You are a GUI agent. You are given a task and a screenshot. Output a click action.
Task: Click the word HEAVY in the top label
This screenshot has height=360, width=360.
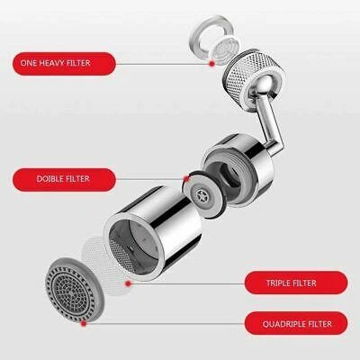tap(63, 63)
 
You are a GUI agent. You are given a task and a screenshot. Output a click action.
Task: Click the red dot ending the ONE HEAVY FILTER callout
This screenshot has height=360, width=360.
tap(210, 65)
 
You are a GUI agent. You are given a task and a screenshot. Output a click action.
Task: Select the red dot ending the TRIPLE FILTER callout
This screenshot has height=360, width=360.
tap(130, 283)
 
